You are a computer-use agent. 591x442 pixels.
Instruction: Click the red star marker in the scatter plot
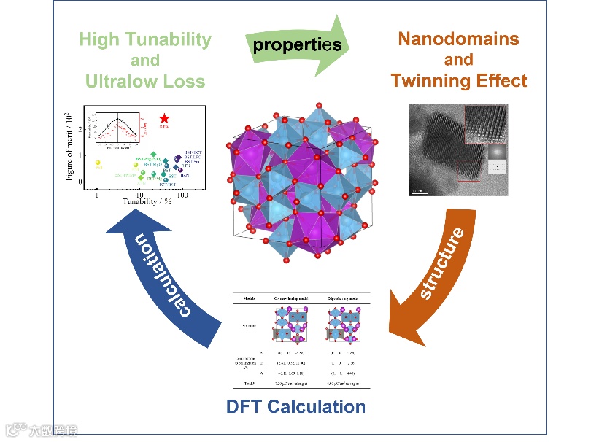click(x=165, y=119)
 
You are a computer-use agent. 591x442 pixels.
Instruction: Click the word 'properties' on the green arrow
click(x=297, y=44)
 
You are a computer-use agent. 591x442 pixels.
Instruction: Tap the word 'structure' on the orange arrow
click(x=442, y=265)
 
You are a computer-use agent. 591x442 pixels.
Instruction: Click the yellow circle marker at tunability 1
click(x=98, y=163)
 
